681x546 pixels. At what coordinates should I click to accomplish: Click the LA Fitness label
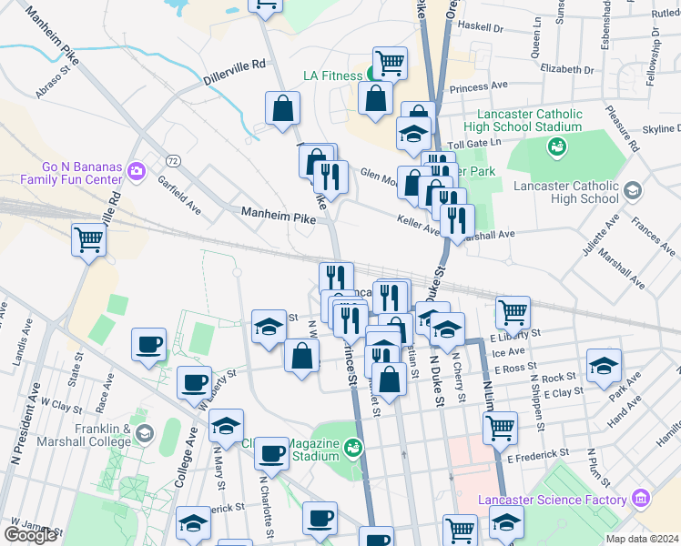coord(332,76)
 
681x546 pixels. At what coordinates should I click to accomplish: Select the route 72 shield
coord(172,161)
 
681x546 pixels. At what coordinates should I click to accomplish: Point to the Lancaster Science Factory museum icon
coord(641,499)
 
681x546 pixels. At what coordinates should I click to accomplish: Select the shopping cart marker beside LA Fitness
coord(390,62)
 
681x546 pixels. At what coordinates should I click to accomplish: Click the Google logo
coord(30,535)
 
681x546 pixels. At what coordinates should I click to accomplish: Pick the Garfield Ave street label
coord(182,195)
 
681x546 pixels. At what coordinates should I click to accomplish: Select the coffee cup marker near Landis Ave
coord(148,344)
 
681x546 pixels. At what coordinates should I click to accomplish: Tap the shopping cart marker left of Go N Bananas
coord(89,240)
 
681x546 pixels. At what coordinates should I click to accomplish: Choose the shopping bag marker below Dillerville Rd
coord(283,108)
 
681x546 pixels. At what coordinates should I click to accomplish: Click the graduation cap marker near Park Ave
coord(603,366)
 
